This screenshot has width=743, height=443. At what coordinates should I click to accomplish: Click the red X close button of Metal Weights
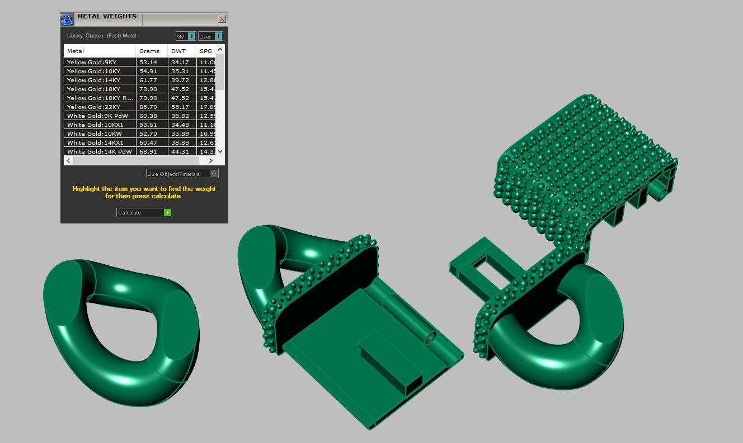[222, 19]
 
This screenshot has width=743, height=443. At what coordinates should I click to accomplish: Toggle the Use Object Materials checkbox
[214, 174]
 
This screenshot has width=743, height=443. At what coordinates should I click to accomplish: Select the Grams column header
[149, 51]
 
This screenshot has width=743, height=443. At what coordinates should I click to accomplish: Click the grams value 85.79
[148, 107]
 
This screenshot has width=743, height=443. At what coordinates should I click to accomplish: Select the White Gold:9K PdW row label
[97, 116]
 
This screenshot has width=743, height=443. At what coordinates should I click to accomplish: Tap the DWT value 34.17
[180, 62]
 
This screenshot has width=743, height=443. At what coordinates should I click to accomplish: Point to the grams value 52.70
[148, 134]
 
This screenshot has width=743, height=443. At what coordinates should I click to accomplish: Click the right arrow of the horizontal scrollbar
[210, 161]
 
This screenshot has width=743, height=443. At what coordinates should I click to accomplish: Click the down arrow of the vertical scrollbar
[220, 151]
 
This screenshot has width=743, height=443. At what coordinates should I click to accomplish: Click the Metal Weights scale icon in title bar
[67, 20]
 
